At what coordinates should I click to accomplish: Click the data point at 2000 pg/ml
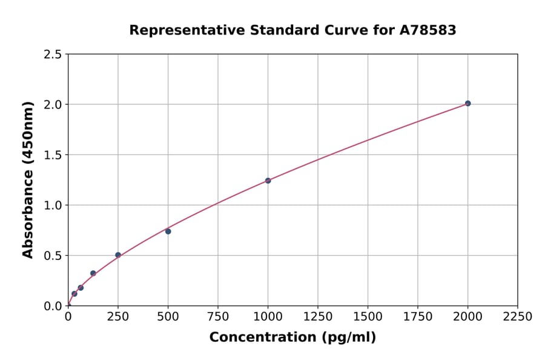tap(467, 104)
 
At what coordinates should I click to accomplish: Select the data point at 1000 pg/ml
tap(268, 181)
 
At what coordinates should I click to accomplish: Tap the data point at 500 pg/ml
tap(168, 231)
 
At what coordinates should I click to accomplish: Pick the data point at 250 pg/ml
tap(118, 255)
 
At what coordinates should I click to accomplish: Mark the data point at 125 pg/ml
tap(93, 273)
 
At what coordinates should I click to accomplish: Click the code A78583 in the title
tap(429, 30)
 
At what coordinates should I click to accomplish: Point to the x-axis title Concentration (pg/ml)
tap(292, 338)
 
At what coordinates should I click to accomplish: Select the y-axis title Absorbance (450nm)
tap(28, 180)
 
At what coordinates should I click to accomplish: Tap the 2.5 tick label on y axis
tap(52, 55)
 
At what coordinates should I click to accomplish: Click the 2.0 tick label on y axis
tap(52, 105)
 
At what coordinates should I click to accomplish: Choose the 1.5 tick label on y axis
tap(52, 155)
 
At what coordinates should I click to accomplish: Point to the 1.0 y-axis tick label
tap(52, 205)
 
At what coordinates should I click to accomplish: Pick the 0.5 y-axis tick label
tap(52, 256)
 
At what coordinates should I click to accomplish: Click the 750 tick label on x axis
tap(218, 317)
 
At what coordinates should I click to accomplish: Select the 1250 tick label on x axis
tap(318, 317)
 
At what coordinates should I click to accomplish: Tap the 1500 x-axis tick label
tap(368, 317)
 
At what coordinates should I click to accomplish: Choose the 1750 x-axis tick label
tap(418, 317)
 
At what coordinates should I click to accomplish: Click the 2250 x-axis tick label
tap(518, 317)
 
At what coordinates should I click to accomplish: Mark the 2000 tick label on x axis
tap(467, 317)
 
